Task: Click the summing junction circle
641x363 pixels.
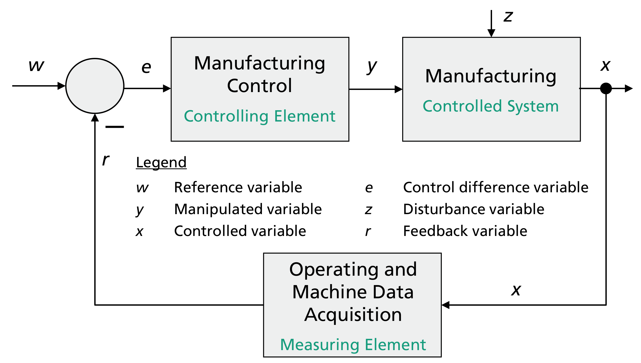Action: tap(95, 86)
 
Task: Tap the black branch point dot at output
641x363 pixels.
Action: tap(606, 88)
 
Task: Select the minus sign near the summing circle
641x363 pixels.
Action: tap(115, 127)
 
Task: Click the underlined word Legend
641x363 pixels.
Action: tap(161, 162)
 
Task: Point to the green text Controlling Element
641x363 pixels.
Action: tap(260, 116)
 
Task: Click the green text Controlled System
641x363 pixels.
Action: tap(490, 106)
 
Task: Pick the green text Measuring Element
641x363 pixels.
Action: tap(353, 345)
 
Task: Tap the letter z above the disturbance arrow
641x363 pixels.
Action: tap(508, 16)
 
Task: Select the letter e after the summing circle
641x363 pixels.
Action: tap(146, 67)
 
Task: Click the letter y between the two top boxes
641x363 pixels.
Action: tap(372, 66)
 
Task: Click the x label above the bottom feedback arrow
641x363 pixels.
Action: tap(516, 290)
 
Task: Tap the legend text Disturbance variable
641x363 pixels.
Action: tap(473, 209)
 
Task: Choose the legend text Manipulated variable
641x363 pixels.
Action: tap(248, 209)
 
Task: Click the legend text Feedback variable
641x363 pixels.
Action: tap(465, 231)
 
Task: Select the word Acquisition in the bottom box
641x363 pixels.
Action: tap(353, 315)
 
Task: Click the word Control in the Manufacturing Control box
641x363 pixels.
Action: tap(259, 86)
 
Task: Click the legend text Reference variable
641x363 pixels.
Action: tap(238, 188)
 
